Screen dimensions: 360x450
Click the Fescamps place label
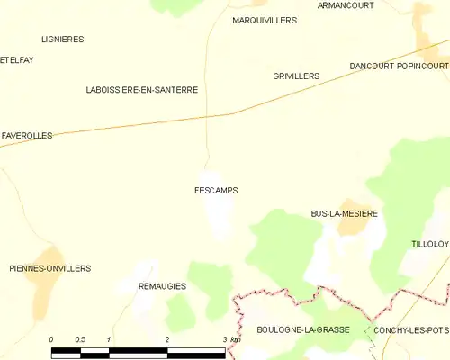tap(216, 191)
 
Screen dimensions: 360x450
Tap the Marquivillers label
tap(264, 19)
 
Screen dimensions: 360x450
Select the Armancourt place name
tap(346, 5)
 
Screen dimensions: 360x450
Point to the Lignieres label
tap(63, 40)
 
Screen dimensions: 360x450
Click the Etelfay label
tap(16, 59)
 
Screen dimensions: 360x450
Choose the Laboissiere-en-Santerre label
tap(141, 90)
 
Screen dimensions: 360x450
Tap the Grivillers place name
tap(296, 76)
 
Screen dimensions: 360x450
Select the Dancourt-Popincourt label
tap(399, 67)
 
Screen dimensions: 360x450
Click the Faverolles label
tap(27, 135)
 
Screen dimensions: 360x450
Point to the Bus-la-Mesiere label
tap(344, 213)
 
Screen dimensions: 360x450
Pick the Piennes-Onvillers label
tap(49, 268)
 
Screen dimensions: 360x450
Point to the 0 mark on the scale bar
tap(51, 339)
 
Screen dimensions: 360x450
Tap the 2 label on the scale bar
tap(166, 339)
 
